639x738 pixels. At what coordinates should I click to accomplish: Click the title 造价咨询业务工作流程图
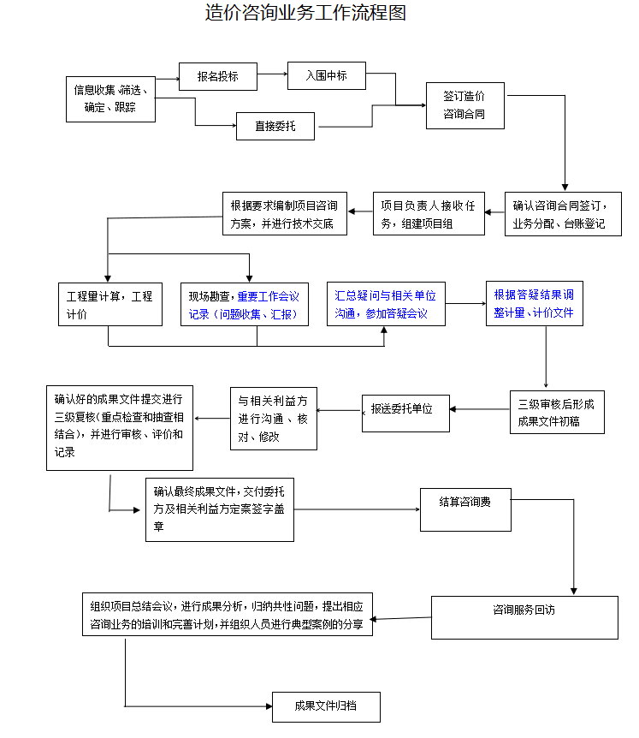pyautogui.click(x=305, y=13)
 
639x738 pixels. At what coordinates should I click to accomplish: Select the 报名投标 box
pyautogui.click(x=218, y=76)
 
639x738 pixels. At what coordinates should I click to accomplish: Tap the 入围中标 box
pyautogui.click(x=327, y=76)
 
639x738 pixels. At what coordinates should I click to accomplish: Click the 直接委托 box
pyautogui.click(x=275, y=127)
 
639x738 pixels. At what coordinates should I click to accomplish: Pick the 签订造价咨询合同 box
pyautogui.click(x=464, y=105)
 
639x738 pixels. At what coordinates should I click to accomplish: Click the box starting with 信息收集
pyautogui.click(x=110, y=98)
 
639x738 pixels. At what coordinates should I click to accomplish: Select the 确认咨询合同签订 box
pyautogui.click(x=562, y=214)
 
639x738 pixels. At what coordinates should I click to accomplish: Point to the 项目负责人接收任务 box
pyautogui.click(x=429, y=214)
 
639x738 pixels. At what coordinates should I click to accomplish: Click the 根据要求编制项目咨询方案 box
pyautogui.click(x=283, y=214)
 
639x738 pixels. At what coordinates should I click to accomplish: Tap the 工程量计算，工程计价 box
pyautogui.click(x=109, y=304)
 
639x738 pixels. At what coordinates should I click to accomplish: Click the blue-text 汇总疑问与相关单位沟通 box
pyautogui.click(x=386, y=304)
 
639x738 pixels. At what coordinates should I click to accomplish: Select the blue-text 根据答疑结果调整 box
pyautogui.click(x=535, y=304)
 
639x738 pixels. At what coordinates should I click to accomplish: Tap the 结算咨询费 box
pyautogui.click(x=465, y=509)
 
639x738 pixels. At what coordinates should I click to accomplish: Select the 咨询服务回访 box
pyautogui.click(x=524, y=617)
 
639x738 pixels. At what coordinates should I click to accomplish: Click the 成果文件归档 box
pyautogui.click(x=325, y=706)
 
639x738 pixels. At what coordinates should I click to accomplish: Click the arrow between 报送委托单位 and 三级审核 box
pyautogui.click(x=478, y=409)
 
